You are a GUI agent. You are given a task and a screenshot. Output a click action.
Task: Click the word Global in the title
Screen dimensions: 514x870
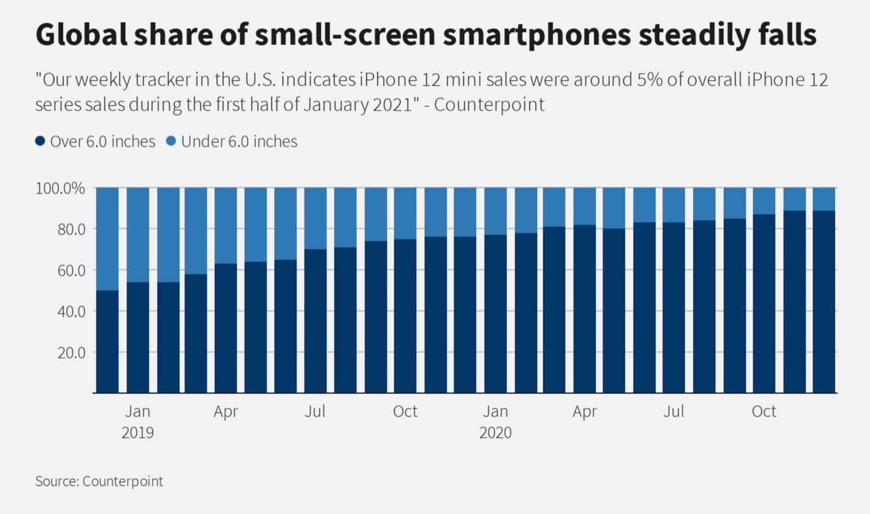pos(81,35)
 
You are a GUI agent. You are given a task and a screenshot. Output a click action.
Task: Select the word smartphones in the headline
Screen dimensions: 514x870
pos(536,35)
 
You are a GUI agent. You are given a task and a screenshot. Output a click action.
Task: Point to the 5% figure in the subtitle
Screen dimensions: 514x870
pos(650,79)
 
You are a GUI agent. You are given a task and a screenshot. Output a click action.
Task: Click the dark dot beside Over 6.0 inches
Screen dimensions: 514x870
pos(40,141)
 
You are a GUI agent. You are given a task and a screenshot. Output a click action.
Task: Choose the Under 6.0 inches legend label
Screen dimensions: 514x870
pos(239,142)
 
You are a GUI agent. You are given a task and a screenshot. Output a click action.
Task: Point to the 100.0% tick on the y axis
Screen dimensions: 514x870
pos(60,189)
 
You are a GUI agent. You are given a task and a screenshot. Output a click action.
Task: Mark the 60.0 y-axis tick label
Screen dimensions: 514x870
pos(71,270)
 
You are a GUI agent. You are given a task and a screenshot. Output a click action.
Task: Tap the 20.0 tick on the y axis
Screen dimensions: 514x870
pos(71,353)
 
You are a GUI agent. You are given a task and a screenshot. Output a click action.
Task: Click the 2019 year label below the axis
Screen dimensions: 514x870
pos(137,433)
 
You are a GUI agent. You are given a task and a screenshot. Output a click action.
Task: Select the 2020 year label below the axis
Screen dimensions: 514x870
pos(495,433)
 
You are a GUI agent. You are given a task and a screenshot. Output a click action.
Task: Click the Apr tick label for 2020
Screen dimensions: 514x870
pos(584,411)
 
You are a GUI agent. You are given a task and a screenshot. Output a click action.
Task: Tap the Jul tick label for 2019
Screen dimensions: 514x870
pos(315,411)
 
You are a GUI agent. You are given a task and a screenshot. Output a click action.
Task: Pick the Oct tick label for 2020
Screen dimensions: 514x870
pos(763,411)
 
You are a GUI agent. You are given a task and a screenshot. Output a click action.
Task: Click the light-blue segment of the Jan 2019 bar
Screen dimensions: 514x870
pos(138,235)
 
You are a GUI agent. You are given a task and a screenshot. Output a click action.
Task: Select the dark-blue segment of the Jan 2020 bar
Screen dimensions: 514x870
pos(496,313)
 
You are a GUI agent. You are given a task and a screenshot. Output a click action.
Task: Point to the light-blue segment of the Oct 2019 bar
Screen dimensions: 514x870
pos(405,213)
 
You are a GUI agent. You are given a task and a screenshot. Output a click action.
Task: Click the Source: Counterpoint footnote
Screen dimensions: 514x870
pos(99,481)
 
